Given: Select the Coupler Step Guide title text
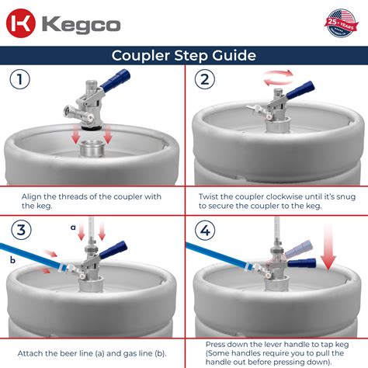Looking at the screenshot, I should click(183, 55).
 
